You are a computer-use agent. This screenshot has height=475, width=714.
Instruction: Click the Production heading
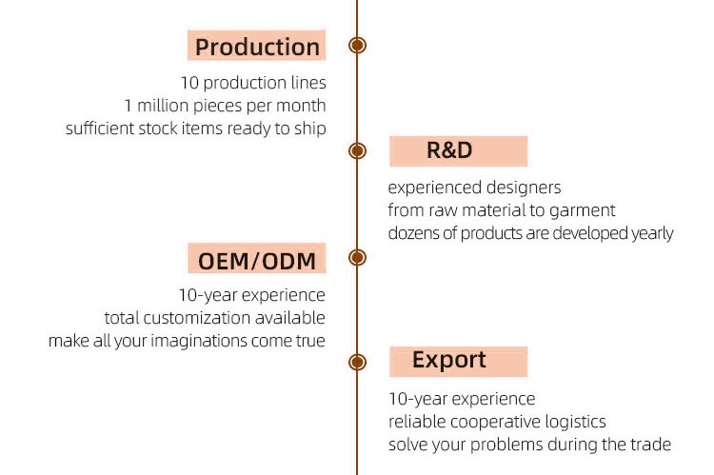pyautogui.click(x=257, y=47)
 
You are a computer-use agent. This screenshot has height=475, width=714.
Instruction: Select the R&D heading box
pyautogui.click(x=458, y=150)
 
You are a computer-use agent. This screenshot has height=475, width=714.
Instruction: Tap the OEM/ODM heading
pyautogui.click(x=257, y=259)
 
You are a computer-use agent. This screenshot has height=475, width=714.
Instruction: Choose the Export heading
pyautogui.click(x=458, y=361)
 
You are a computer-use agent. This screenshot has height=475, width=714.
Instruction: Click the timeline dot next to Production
pyautogui.click(x=358, y=45)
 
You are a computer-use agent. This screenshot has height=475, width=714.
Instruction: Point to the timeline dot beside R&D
pyautogui.click(x=358, y=150)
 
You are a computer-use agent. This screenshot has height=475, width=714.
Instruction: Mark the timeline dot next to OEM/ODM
pyautogui.click(x=358, y=257)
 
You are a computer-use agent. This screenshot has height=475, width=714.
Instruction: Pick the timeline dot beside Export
pyautogui.click(x=358, y=362)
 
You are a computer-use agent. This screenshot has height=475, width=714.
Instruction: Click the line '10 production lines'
pyautogui.click(x=252, y=83)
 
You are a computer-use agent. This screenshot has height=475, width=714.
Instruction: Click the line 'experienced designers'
pyautogui.click(x=474, y=188)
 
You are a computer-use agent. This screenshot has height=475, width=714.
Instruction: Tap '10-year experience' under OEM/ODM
pyautogui.click(x=251, y=295)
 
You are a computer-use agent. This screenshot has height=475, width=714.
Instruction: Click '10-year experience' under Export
pyautogui.click(x=462, y=399)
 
